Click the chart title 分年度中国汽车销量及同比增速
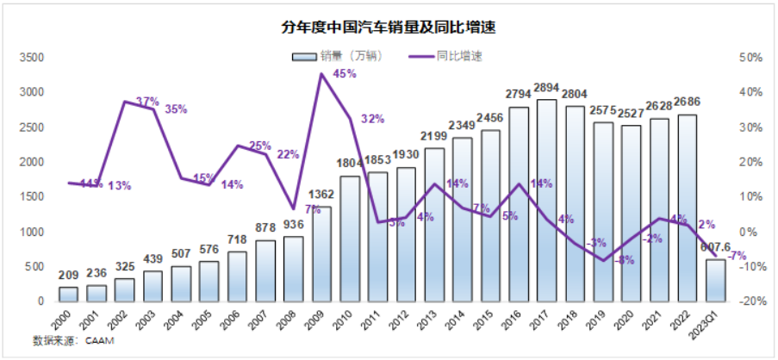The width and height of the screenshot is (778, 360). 389,27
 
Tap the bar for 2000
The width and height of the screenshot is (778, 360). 68,294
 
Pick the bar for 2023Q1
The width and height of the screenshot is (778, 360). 716,280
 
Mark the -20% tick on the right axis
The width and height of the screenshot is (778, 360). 749,301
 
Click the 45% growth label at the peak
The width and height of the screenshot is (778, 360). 345,74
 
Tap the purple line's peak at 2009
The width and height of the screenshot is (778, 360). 321,74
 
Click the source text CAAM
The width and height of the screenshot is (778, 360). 98,341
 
